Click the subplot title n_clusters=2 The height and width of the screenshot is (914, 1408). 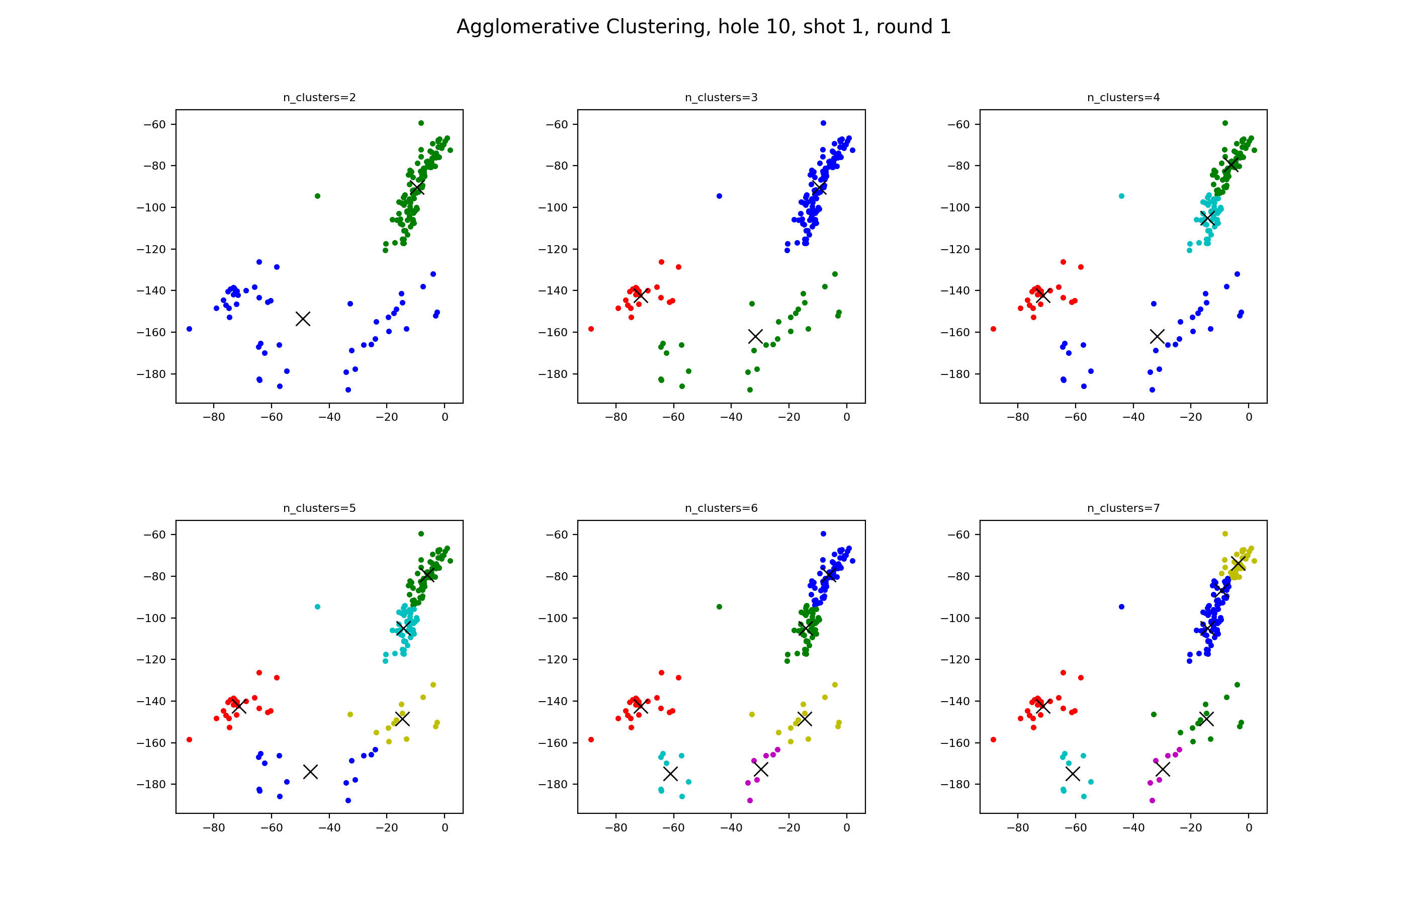319,98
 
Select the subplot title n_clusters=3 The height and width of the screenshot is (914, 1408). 721,98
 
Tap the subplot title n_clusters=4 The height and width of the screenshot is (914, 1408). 1123,98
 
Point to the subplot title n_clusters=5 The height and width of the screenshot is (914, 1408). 319,508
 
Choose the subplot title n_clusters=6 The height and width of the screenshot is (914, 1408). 721,508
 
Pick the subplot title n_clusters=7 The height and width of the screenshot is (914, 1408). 1123,508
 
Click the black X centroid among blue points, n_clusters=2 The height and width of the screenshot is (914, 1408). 303,319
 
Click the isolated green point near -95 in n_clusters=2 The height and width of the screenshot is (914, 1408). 318,196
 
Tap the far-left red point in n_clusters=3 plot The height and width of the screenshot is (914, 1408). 591,329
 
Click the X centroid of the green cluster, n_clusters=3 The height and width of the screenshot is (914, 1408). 755,336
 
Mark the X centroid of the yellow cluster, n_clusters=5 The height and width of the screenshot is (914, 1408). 402,719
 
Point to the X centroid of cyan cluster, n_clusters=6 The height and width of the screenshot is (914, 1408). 670,773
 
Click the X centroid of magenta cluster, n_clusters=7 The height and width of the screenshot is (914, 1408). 1163,770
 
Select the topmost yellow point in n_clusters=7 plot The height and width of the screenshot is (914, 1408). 1225,534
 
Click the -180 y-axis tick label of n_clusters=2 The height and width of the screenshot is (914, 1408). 151,374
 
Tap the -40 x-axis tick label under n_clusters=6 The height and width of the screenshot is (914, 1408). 731,827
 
